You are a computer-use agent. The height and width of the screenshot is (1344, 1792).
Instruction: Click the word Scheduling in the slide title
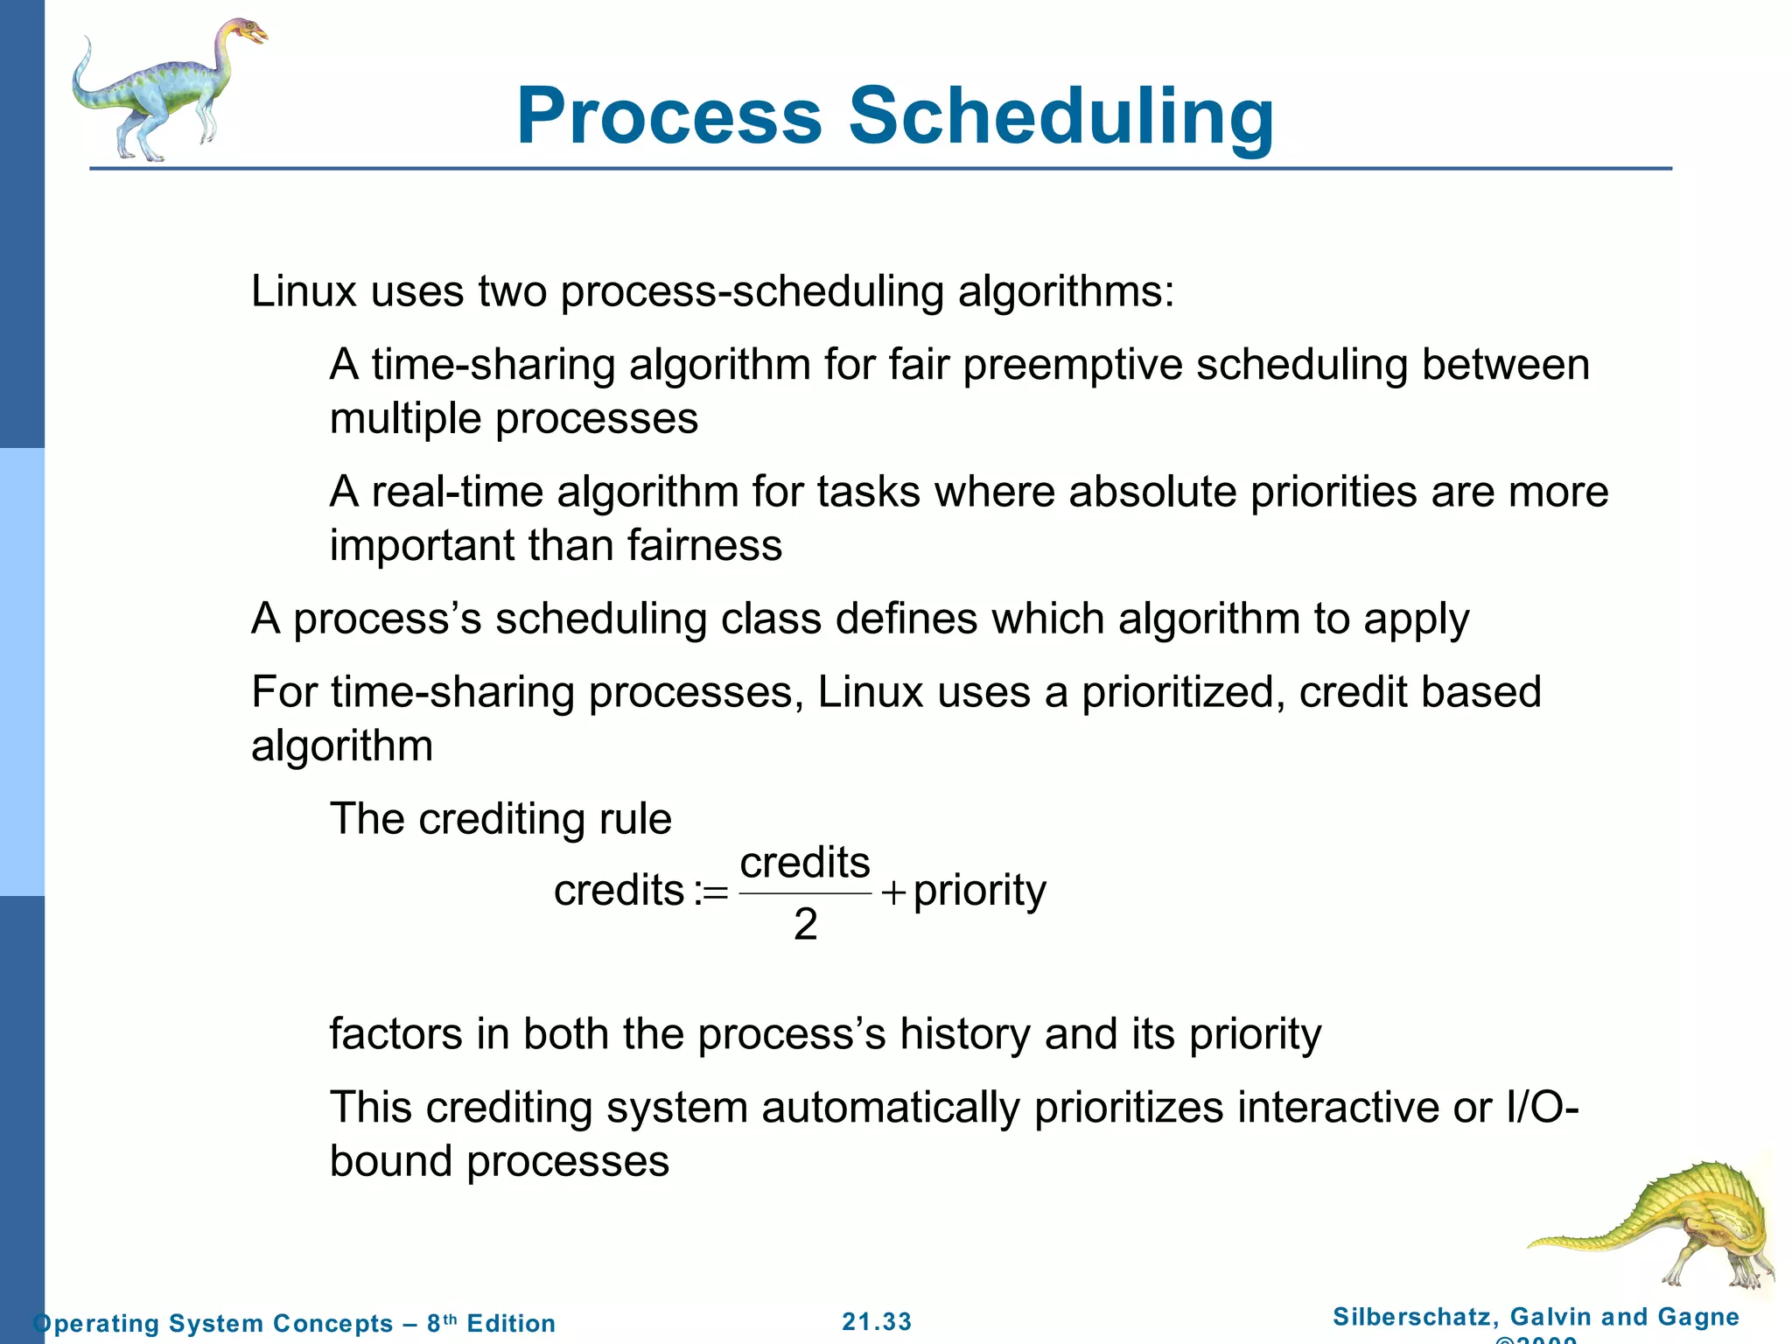coord(1060,118)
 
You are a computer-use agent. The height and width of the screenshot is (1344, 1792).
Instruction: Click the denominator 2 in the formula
coord(805,924)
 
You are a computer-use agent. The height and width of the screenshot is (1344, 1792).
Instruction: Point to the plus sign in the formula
coord(893,892)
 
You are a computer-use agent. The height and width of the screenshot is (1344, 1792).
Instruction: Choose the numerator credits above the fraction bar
coord(805,863)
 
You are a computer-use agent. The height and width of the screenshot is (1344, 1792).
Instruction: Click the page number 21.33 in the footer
coord(877,1321)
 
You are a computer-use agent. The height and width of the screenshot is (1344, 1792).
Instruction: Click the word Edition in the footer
coord(511,1323)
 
